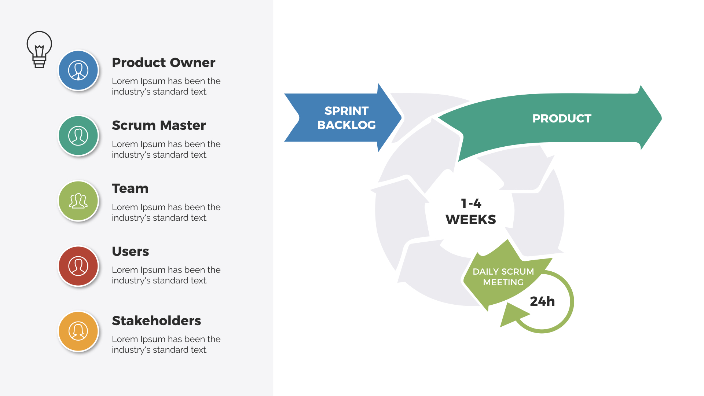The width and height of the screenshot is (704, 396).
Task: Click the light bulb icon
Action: point(39,49)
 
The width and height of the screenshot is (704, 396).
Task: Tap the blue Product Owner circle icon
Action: point(78,70)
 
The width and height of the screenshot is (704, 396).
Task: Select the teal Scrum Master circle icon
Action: point(78,136)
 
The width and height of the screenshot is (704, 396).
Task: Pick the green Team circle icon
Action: point(78,201)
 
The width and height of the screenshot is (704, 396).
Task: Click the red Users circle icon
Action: point(78,266)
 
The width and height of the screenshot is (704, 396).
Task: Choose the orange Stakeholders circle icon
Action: point(78,331)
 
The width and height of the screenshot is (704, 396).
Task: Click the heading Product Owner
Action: point(163,63)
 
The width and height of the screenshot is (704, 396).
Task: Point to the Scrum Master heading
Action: point(159,125)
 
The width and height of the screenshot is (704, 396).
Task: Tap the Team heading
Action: point(130,188)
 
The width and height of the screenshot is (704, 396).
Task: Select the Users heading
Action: point(130,252)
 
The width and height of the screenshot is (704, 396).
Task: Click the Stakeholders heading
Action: point(156,321)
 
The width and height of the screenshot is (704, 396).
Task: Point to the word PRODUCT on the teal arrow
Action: point(562,118)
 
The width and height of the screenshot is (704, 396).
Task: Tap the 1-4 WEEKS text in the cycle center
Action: point(471,212)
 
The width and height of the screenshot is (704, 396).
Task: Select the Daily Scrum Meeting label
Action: point(503,277)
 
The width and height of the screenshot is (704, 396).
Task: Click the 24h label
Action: point(542,301)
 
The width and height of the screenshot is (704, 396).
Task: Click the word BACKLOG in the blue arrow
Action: point(346,125)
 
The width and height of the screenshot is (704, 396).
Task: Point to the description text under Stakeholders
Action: point(166,344)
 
